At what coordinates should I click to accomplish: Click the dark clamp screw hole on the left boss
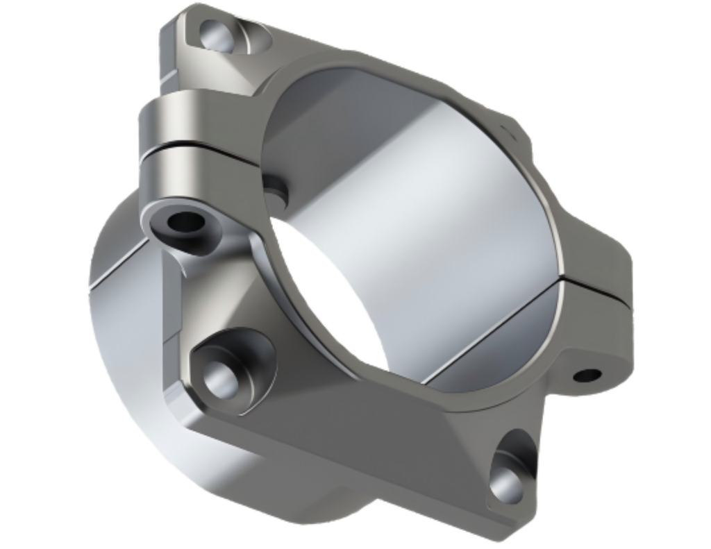click(186, 223)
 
